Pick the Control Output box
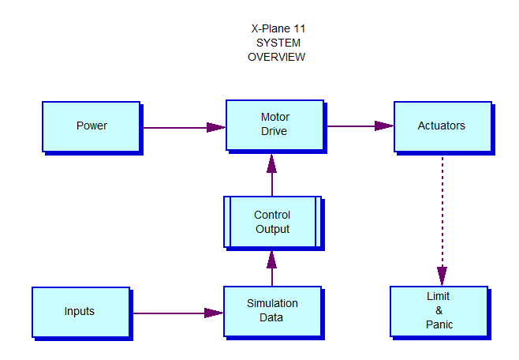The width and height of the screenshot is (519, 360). click(273, 222)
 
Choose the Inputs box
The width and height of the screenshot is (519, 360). click(81, 313)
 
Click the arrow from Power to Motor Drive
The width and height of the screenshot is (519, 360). click(185, 128)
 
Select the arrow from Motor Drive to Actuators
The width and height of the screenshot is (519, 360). click(360, 126)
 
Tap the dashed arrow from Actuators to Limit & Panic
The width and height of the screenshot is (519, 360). click(442, 220)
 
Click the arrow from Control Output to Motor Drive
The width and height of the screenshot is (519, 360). click(272, 174)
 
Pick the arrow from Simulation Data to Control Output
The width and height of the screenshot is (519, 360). click(272, 268)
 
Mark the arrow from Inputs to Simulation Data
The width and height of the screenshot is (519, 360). click(178, 313)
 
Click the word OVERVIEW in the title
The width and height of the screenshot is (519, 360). click(276, 57)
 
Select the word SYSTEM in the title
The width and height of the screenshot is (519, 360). click(278, 43)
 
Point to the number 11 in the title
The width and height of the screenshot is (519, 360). click(299, 28)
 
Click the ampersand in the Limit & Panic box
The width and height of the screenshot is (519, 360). click(439, 310)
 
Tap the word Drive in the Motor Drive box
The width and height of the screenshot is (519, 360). click(274, 131)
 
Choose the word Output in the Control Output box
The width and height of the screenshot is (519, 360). click(272, 229)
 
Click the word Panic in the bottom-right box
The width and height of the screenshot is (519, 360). click(439, 324)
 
